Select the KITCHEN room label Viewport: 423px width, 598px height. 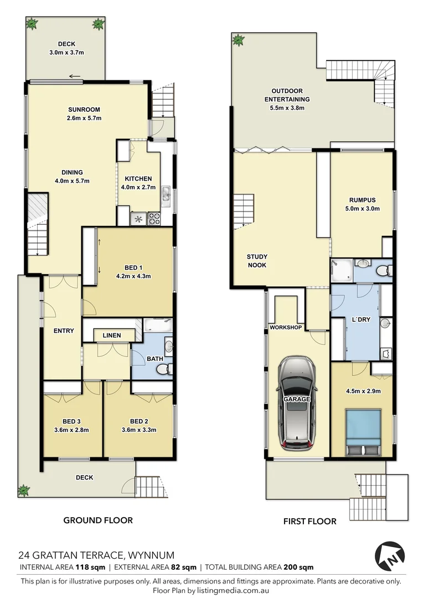[x=138, y=179]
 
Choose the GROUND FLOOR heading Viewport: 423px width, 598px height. [x=98, y=520]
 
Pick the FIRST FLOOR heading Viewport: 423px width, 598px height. [x=309, y=521]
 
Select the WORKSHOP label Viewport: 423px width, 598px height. [x=286, y=328]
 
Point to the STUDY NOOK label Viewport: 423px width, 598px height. [x=257, y=261]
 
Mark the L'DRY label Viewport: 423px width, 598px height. [x=360, y=320]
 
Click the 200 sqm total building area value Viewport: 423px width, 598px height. [x=298, y=567]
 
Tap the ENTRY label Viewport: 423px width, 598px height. [x=64, y=331]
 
